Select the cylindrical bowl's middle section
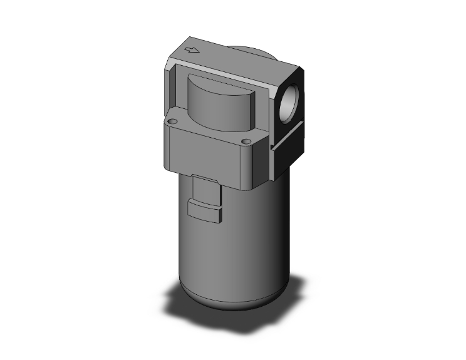[x=232, y=244]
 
